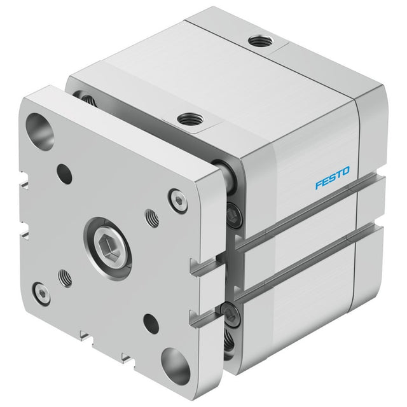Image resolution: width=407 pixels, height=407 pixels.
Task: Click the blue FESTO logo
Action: [x=333, y=178]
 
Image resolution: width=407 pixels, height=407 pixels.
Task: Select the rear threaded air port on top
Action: [x=260, y=41]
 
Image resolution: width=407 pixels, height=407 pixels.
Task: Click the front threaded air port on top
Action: [x=190, y=120]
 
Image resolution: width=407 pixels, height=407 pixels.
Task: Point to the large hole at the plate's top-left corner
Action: [x=39, y=132]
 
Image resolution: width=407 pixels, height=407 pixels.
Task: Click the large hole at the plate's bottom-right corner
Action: [x=176, y=366]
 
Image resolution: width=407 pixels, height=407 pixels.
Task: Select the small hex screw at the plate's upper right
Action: [x=178, y=201]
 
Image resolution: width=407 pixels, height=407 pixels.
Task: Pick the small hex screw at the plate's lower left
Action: [x=43, y=294]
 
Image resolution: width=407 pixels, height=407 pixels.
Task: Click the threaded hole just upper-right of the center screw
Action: [x=152, y=218]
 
